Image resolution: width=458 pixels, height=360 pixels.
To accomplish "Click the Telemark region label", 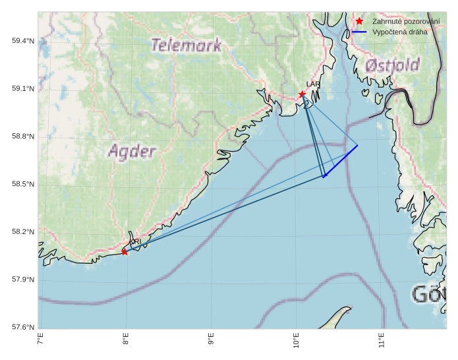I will [x=186, y=45].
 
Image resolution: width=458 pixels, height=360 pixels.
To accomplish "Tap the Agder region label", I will [x=132, y=152].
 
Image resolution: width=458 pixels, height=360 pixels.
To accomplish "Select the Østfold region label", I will [x=392, y=65].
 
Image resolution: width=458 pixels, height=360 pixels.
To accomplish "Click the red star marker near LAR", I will [x=302, y=94].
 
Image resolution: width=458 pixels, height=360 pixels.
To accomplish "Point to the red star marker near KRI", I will [x=125, y=252].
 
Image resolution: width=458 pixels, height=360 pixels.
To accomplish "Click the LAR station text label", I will [x=313, y=85].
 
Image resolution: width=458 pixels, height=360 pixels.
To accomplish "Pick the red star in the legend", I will [x=359, y=21].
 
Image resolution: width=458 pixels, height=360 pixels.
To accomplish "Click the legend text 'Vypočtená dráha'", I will [x=399, y=32].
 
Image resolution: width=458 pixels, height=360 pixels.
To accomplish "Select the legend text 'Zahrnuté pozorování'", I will [x=406, y=21].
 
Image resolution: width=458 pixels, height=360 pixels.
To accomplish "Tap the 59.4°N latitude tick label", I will [x=23, y=41].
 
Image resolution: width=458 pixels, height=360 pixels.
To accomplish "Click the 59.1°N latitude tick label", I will [x=23, y=89].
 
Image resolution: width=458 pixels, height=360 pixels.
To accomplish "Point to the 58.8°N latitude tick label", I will [x=23, y=136].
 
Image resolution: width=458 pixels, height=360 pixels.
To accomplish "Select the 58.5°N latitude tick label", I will [x=23, y=184].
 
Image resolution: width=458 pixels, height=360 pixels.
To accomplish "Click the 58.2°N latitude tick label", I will [x=23, y=232].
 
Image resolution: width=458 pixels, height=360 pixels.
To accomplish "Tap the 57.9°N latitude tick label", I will [x=23, y=280].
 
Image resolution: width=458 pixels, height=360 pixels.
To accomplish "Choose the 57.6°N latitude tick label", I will [x=23, y=327].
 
